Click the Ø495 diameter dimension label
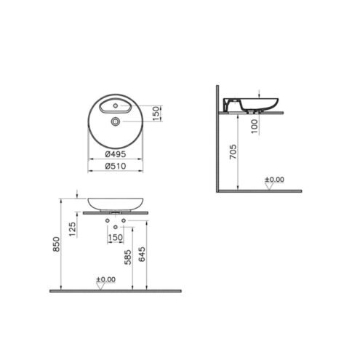[116, 154]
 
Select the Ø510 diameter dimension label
[116, 166]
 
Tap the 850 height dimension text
[56, 244]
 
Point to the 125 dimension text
[72, 229]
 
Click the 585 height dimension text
[128, 257]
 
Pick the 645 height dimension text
[142, 254]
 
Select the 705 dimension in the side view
[233, 152]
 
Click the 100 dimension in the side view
[255, 126]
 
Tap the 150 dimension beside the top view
[156, 113]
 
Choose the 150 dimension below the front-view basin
[116, 237]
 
